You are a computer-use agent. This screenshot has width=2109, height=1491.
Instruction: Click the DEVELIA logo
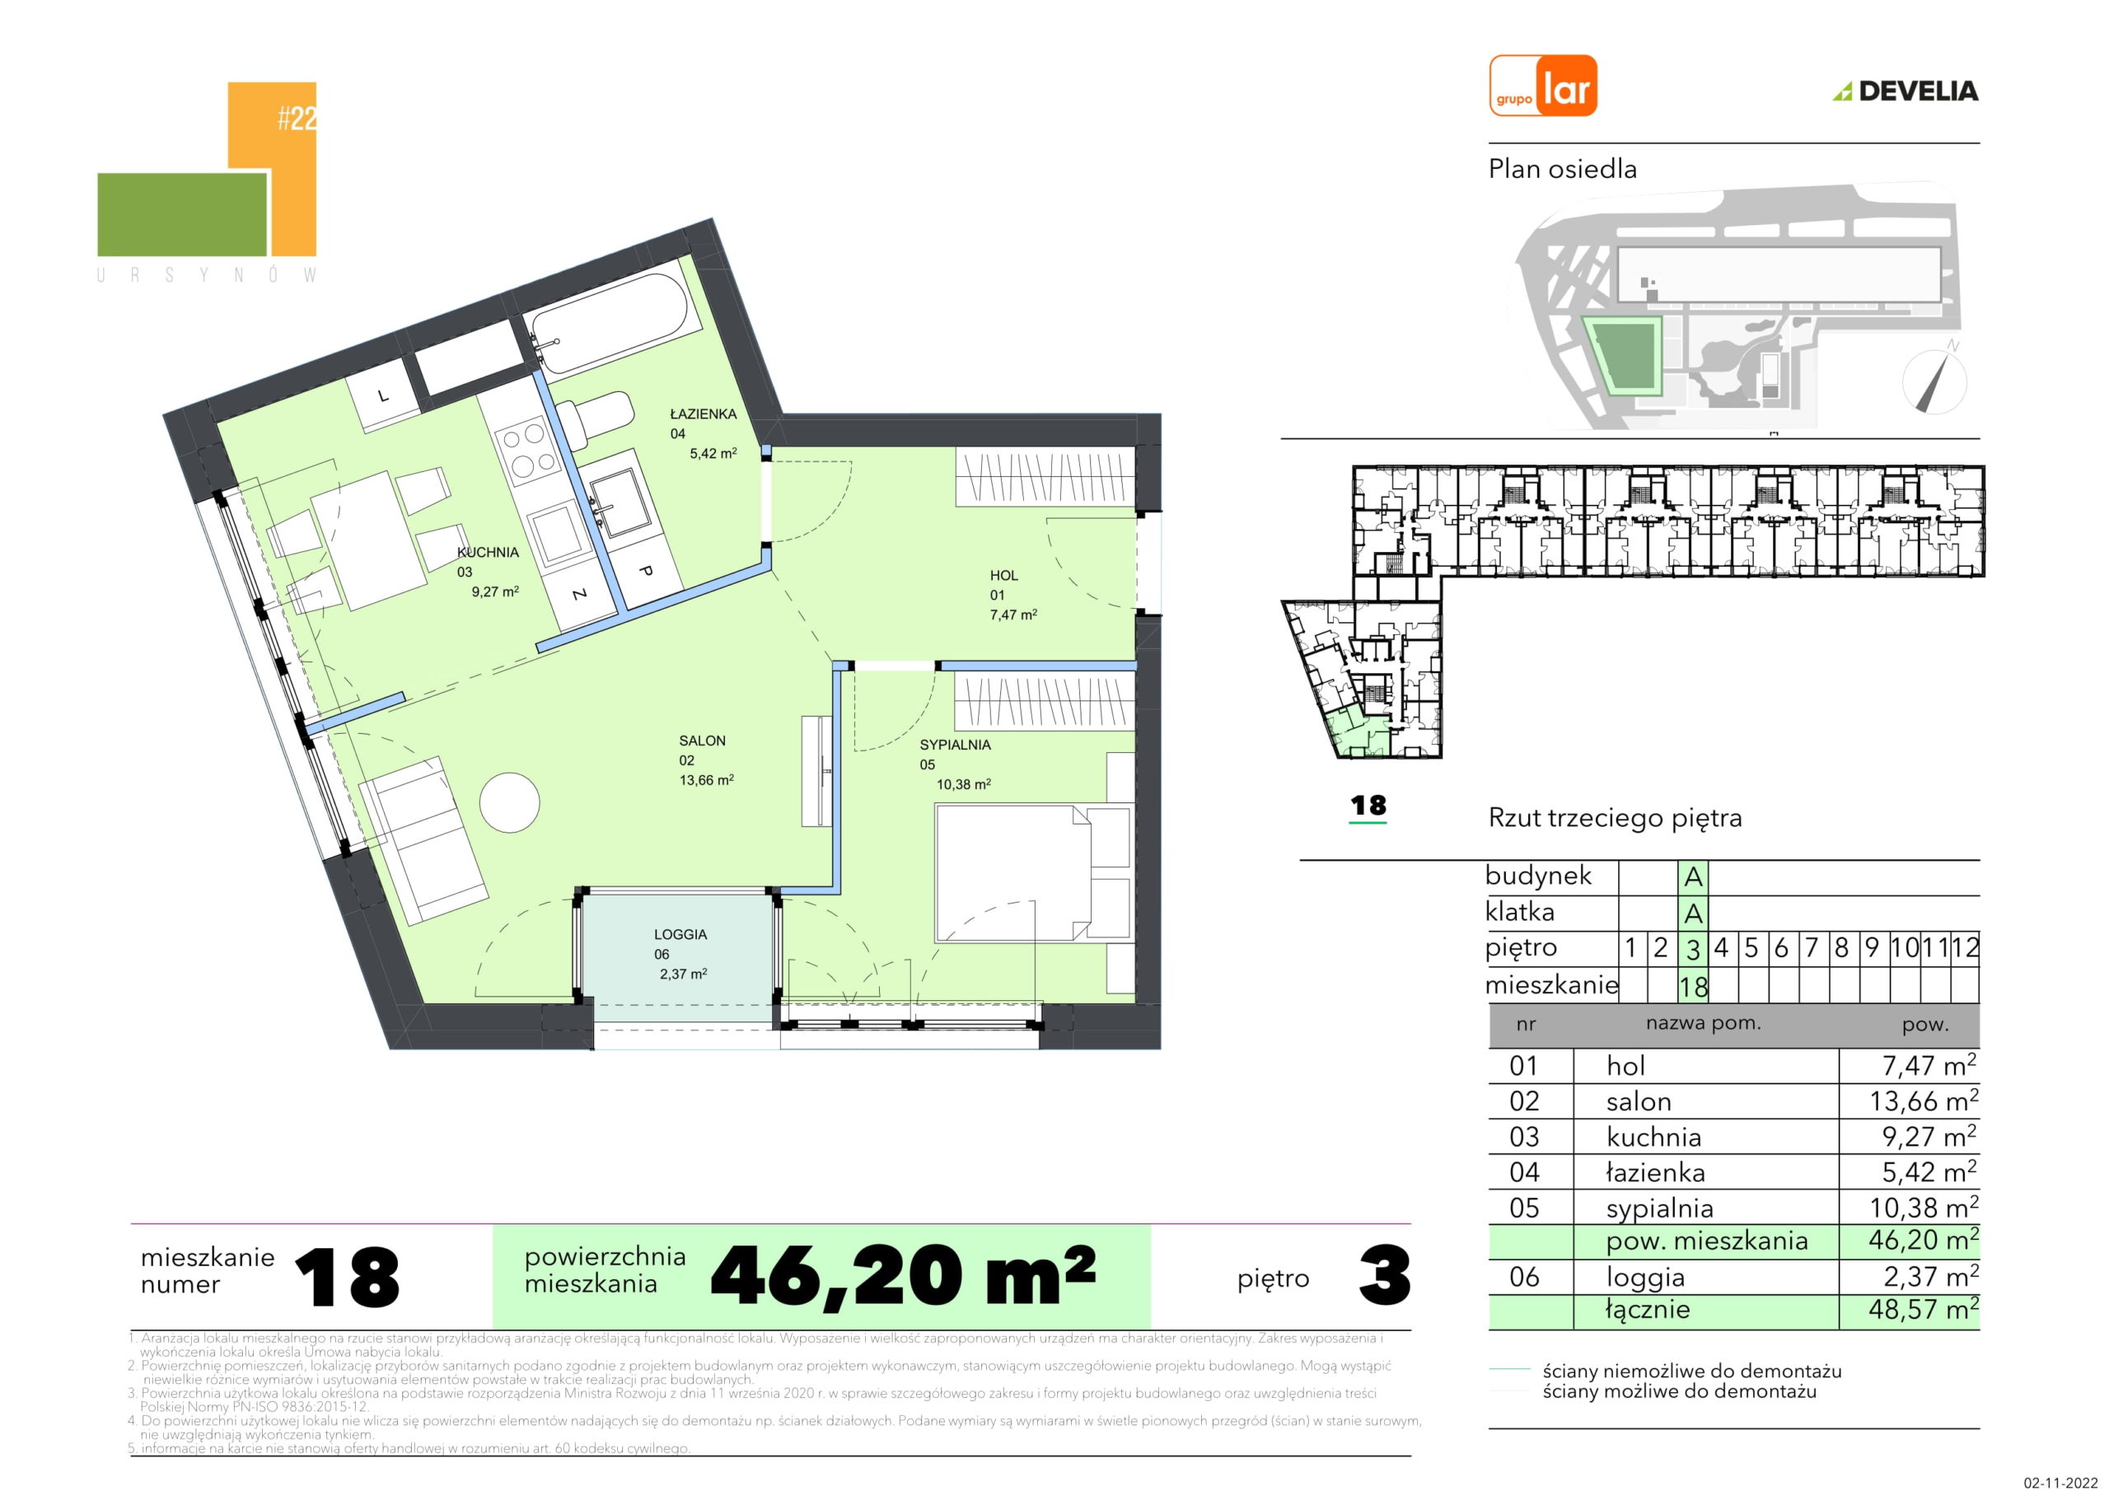pos(1905,91)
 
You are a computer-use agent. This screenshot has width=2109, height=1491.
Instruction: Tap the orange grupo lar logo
pos(1543,86)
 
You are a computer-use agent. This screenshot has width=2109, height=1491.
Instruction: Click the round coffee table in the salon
pos(509,802)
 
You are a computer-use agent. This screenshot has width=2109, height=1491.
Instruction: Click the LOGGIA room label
pos(680,934)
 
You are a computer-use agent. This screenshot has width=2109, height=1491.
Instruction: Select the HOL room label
pos(1004,575)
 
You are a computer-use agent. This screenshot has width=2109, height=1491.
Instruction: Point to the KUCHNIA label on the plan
pos(488,552)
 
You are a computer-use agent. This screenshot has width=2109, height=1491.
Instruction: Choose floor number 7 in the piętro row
pos(1812,947)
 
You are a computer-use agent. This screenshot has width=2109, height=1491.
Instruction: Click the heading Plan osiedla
pos(1563,169)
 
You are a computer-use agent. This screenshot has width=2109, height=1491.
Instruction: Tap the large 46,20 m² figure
pos(903,1276)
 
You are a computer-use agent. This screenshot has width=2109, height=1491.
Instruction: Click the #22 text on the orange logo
pos(297,119)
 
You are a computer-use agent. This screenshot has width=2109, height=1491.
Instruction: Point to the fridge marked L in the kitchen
pos(384,396)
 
